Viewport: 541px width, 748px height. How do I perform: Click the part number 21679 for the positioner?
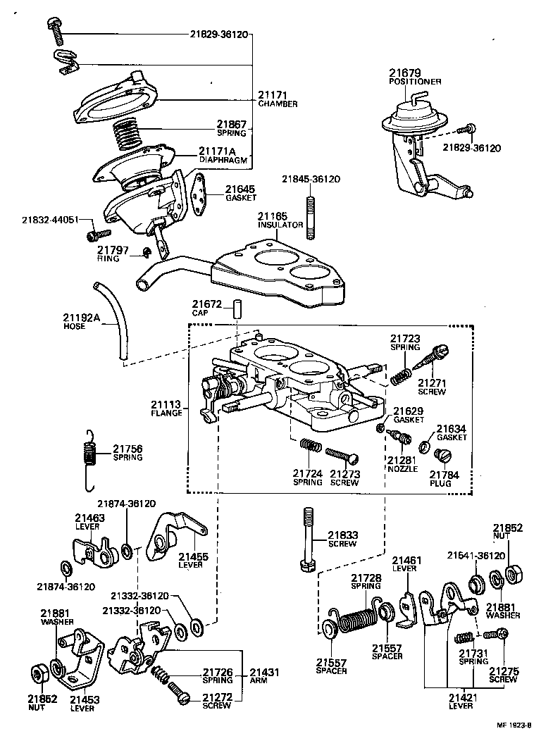click(x=404, y=73)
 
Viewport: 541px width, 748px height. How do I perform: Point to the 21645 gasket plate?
click(x=200, y=197)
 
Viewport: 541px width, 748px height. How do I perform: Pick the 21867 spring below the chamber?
click(x=129, y=135)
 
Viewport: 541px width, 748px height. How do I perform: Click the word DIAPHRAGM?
click(x=223, y=160)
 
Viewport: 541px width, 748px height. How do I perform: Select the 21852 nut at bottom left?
click(x=39, y=673)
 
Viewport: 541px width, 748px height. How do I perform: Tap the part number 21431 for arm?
click(x=263, y=672)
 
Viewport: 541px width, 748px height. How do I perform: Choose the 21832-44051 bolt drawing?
click(x=98, y=233)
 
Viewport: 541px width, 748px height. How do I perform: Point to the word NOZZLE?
click(x=402, y=469)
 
